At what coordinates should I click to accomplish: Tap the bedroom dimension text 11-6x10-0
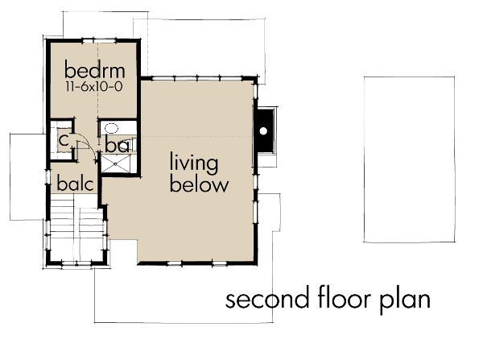tap(90, 84)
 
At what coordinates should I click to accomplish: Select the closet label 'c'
tap(62, 140)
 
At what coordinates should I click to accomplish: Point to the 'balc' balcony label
tap(76, 183)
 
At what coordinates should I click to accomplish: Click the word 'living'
tap(193, 163)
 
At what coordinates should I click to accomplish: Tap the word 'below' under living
tap(199, 184)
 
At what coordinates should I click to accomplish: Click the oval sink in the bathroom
tap(110, 128)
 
